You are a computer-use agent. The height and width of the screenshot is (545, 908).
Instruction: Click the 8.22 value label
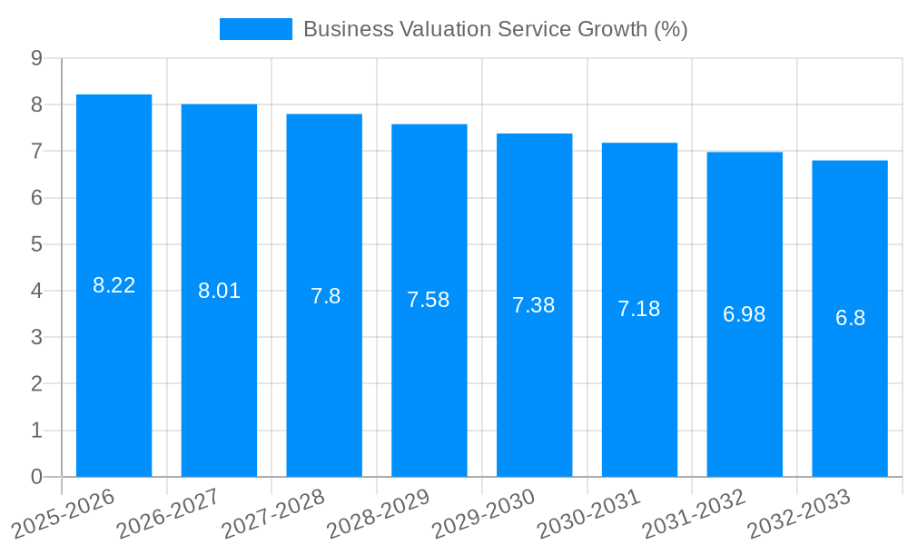[x=114, y=285]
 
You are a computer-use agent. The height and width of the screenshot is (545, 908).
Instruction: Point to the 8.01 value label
[x=220, y=291]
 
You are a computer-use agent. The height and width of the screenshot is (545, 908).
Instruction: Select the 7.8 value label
[x=325, y=296]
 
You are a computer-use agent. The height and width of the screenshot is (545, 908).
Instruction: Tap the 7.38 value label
[x=534, y=305]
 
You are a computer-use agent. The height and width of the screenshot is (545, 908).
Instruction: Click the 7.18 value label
[x=639, y=309]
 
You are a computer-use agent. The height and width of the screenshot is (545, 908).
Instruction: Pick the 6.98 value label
[x=745, y=314]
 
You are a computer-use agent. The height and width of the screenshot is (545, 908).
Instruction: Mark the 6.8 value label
[x=850, y=318]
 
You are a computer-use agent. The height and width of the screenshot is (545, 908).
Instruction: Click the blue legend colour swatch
[x=255, y=29]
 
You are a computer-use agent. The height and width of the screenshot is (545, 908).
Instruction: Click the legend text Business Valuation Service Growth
[x=495, y=29]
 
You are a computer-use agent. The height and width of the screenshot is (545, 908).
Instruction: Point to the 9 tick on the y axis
[x=36, y=58]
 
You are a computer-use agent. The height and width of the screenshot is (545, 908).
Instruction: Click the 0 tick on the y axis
[x=36, y=477]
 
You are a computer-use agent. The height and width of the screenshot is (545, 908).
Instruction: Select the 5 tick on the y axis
[x=36, y=244]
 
